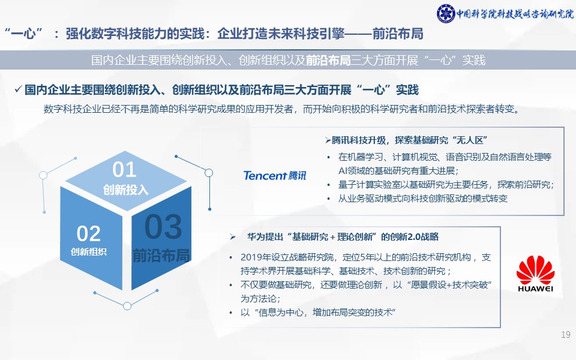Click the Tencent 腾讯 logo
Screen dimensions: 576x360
click(274, 175)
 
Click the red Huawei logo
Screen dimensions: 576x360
click(535, 274)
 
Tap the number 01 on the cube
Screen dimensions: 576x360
click(125, 170)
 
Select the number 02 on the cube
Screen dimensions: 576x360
click(89, 233)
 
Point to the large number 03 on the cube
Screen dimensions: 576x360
click(163, 227)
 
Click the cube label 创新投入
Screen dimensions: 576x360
click(125, 190)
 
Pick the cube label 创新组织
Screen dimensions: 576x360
click(89, 251)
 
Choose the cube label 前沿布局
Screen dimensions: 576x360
click(161, 256)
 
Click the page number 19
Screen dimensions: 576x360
click(566, 335)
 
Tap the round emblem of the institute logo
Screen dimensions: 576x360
click(446, 14)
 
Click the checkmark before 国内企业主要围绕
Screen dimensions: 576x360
click(19, 89)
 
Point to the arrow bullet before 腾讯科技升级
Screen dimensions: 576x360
click(328, 140)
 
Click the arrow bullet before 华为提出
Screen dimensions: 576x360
click(233, 237)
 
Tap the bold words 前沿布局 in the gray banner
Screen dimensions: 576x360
click(328, 60)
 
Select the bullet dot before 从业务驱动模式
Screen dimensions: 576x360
click(329, 199)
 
